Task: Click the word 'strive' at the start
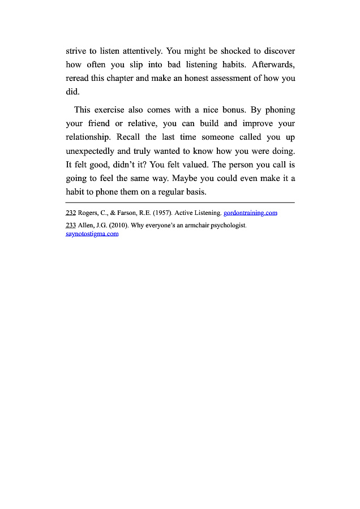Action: [x=76, y=51]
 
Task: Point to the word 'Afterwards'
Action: [x=273, y=64]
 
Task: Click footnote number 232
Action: [x=71, y=213]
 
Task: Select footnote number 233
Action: [x=71, y=225]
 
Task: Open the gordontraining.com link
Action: [x=250, y=213]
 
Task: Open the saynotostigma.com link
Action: [x=92, y=234]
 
